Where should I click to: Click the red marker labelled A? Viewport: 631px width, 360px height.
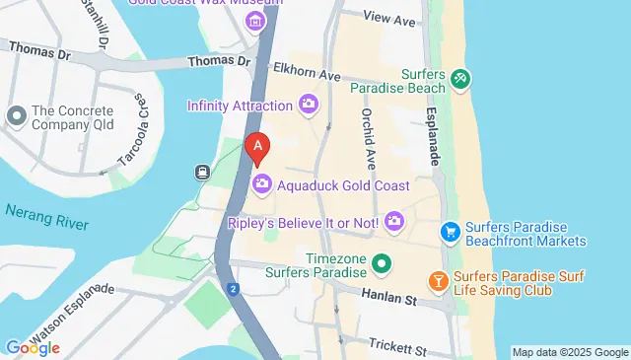pos(257,148)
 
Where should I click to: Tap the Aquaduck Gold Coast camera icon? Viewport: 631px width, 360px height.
pos(263,184)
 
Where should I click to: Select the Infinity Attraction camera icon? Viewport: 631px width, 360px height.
pos(309,104)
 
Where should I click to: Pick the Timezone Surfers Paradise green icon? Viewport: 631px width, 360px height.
pos(382,263)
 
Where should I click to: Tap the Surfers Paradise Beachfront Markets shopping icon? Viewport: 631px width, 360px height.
pos(451,232)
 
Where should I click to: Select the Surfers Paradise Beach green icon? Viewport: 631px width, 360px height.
pos(459,77)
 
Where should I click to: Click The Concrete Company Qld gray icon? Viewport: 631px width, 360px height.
pos(16,117)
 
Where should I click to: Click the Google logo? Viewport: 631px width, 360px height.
pos(32,347)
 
